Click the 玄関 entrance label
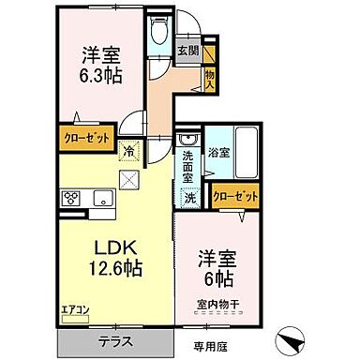(x=187, y=50)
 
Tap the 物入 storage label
(x=210, y=79)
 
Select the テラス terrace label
(x=115, y=340)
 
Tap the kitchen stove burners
(x=71, y=198)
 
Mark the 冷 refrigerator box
(x=127, y=147)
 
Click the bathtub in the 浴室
(x=245, y=151)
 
